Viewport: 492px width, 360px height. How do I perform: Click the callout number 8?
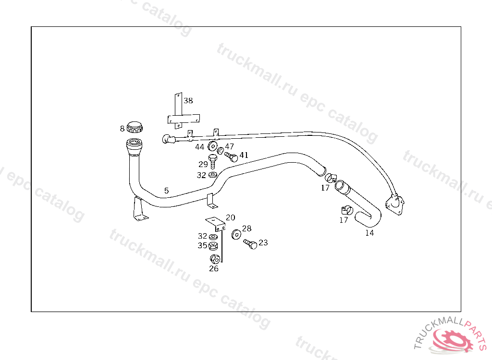pyautogui.click(x=122, y=128)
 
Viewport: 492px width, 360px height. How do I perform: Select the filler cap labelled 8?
pyautogui.click(x=135, y=127)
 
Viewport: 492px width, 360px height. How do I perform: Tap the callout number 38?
pyautogui.click(x=188, y=101)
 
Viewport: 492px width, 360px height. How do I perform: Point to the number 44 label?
pyautogui.click(x=199, y=147)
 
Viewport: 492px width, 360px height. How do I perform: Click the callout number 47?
pyautogui.click(x=229, y=146)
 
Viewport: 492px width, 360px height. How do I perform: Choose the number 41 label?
pyautogui.click(x=244, y=155)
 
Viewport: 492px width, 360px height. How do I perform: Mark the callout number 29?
pyautogui.click(x=203, y=164)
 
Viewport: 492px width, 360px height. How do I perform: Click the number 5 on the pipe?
pyautogui.click(x=166, y=191)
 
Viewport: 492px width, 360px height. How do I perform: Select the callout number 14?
pyautogui.click(x=369, y=233)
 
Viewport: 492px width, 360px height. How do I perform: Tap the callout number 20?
pyautogui.click(x=230, y=217)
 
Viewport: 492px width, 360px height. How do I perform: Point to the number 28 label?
pyautogui.click(x=246, y=229)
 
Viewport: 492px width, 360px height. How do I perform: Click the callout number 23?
pyautogui.click(x=263, y=243)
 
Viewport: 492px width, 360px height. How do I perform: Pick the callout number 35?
pyautogui.click(x=202, y=246)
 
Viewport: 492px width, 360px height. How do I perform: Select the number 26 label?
pyautogui.click(x=213, y=269)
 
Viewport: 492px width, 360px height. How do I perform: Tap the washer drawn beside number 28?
pyautogui.click(x=236, y=234)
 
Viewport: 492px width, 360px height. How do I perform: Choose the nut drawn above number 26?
pyautogui.click(x=215, y=259)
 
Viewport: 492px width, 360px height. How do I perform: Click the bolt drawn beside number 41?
pyautogui.click(x=231, y=156)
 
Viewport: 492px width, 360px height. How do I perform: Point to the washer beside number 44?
pyautogui.click(x=212, y=146)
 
